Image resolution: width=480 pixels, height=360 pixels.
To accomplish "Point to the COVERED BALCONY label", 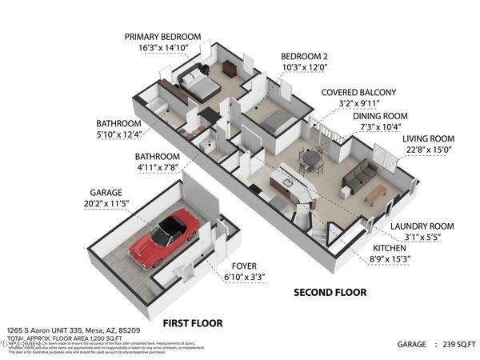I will (x=358, y=93).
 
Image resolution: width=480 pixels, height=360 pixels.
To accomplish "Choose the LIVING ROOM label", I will (x=427, y=138).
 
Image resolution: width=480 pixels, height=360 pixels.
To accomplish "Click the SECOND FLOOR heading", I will (x=324, y=293).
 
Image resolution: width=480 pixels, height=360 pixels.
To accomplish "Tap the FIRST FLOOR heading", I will (x=192, y=323).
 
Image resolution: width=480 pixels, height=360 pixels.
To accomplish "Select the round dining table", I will (x=310, y=159).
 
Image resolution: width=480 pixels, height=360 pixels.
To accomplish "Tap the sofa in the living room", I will (x=358, y=177).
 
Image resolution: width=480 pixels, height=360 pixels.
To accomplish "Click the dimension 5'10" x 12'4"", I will (x=118, y=134).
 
